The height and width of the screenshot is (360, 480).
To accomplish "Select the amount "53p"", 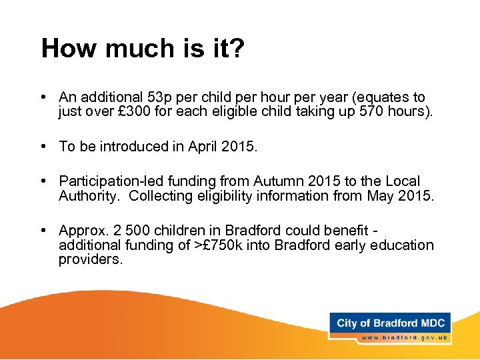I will [x=156, y=97].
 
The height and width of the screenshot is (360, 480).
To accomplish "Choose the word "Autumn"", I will [x=273, y=181].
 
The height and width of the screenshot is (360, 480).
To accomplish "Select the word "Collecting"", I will [x=159, y=196].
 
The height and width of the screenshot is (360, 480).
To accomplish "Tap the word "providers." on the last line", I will [x=91, y=260].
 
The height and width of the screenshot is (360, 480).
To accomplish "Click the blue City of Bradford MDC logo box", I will [x=390, y=323].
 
